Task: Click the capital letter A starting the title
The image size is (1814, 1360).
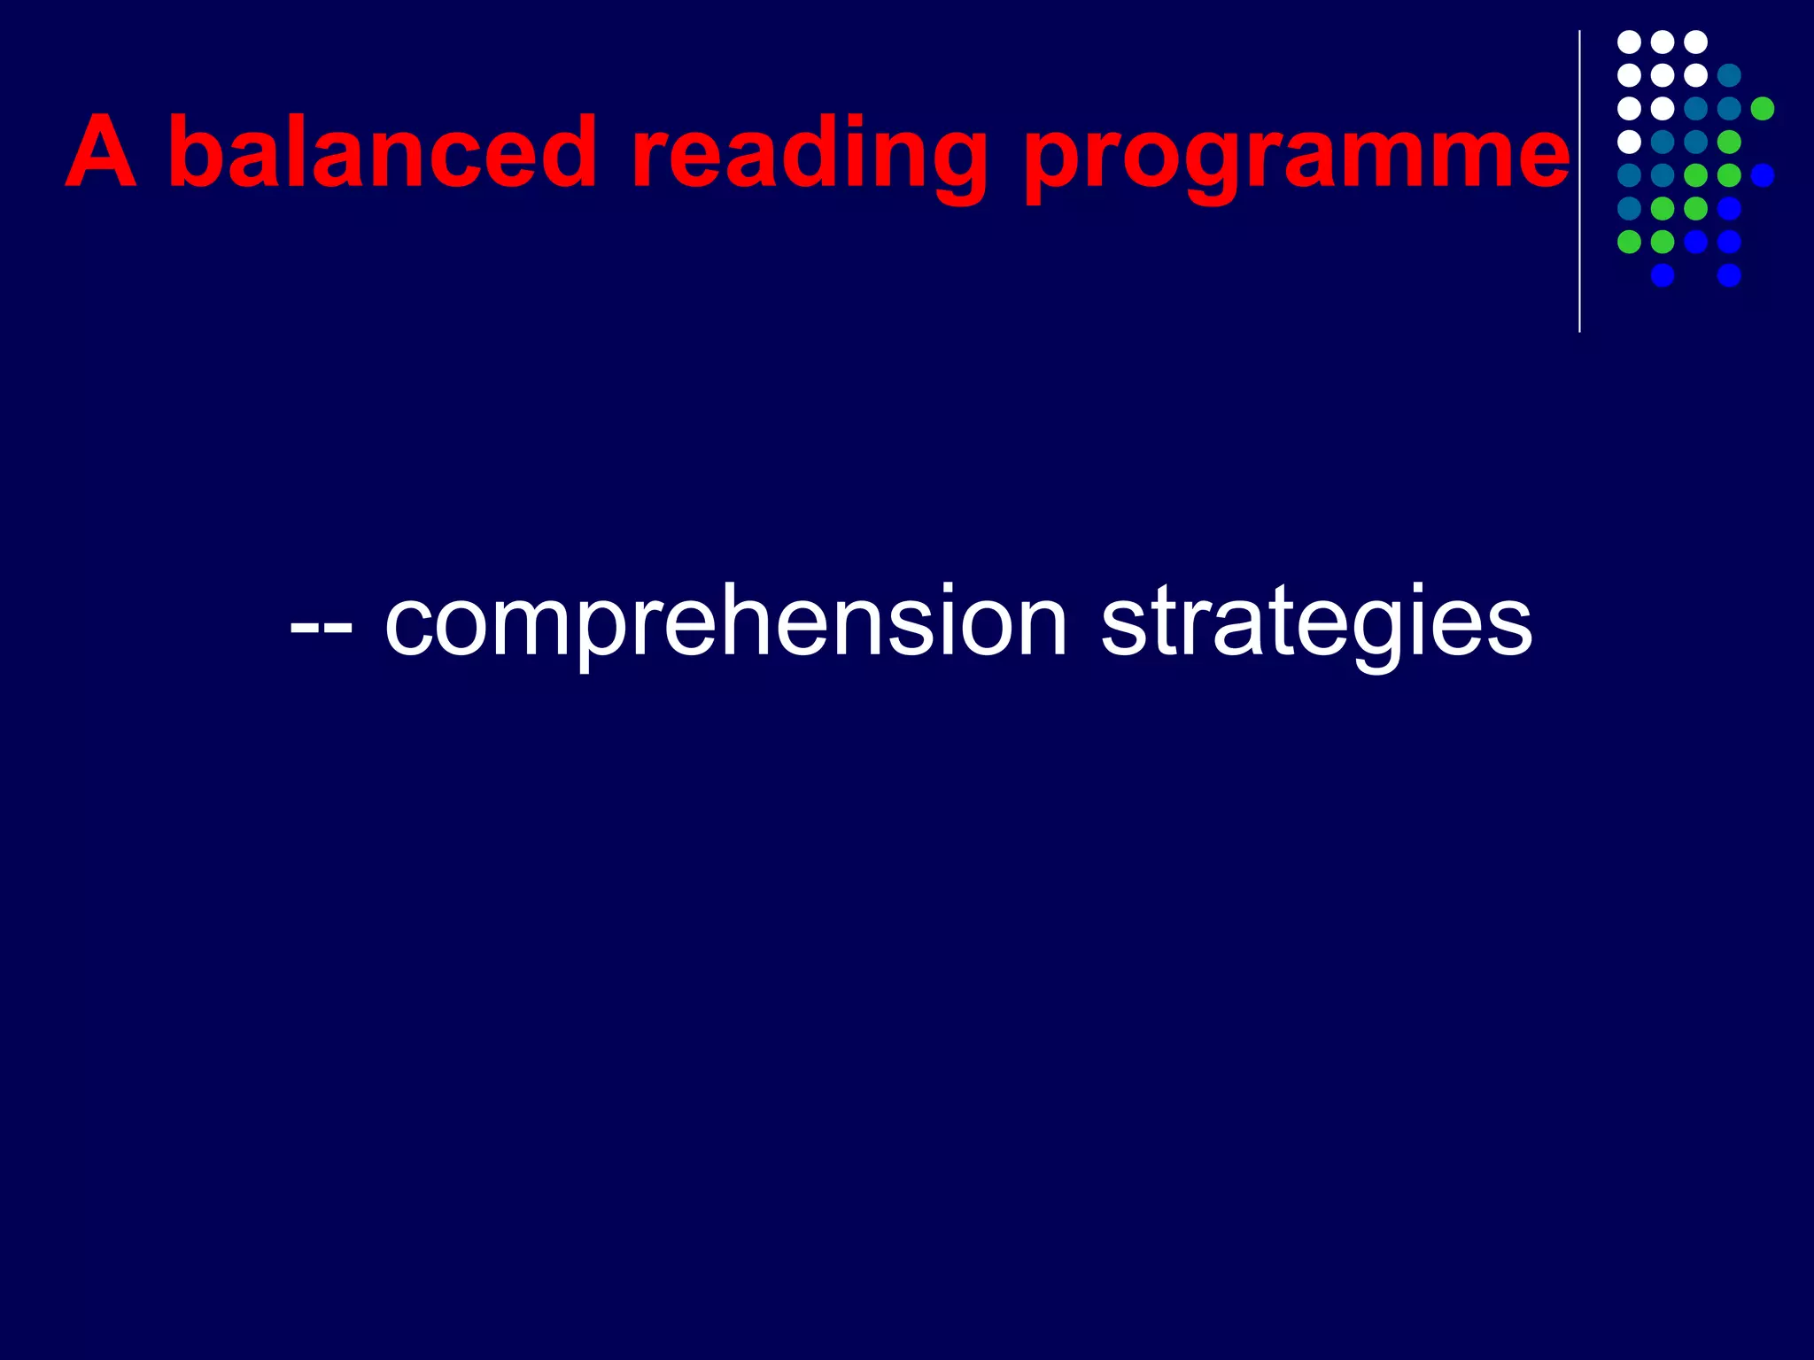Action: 102,152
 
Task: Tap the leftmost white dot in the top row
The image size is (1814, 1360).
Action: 1629,42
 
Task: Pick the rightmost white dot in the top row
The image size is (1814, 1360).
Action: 1695,42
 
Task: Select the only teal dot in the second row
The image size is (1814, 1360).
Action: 1729,75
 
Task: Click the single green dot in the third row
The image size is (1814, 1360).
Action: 1763,108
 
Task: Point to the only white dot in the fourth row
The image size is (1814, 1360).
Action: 1629,142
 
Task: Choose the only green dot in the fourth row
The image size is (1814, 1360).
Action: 1729,142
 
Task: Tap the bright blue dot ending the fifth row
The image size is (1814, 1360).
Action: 1763,175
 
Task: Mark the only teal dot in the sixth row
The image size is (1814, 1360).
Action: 1629,208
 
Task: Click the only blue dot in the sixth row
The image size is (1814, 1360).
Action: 1729,208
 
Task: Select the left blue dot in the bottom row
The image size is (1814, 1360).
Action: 1663,275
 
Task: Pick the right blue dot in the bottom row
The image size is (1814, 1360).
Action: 1729,275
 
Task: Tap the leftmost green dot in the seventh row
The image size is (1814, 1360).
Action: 1629,242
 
